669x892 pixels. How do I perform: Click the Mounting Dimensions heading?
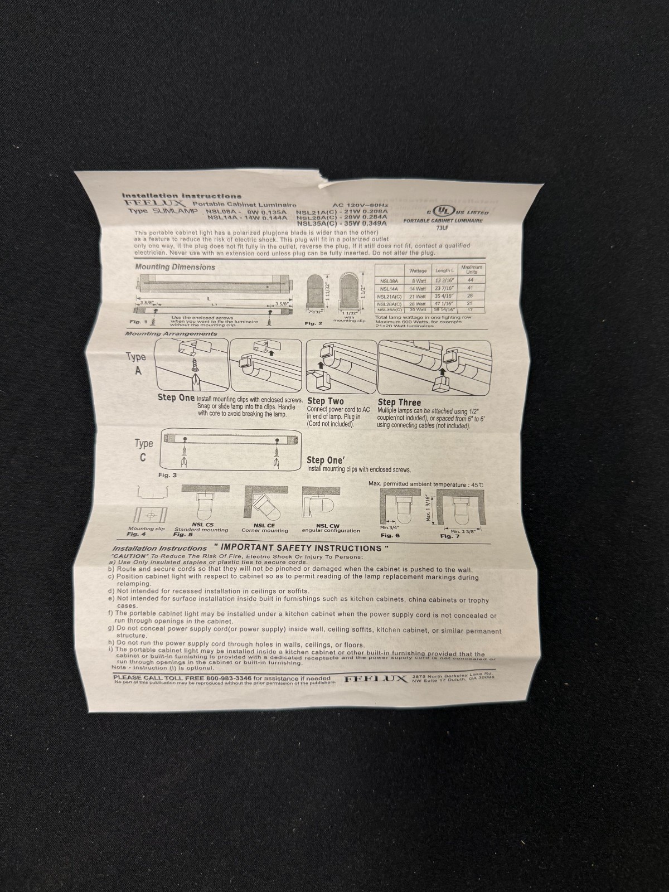pos(175,267)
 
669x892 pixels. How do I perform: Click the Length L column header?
pos(444,271)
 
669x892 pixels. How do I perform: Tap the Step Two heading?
pos(326,401)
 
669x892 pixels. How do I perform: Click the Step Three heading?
pos(400,402)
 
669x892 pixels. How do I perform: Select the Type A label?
pos(137,362)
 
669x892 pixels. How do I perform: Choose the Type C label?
pos(143,450)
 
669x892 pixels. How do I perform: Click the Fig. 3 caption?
pos(167,475)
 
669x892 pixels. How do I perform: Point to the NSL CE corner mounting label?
pos(264,525)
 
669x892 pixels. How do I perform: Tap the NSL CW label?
pos(328,525)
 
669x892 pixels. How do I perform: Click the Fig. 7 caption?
pos(450,536)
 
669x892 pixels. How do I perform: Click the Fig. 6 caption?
pos(390,535)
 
